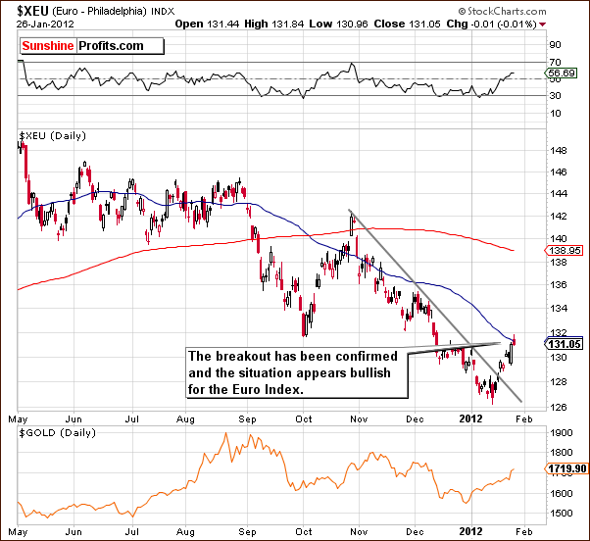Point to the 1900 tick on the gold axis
click(x=562, y=432)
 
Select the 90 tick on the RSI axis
click(x=556, y=45)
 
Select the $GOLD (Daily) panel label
click(x=56, y=432)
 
